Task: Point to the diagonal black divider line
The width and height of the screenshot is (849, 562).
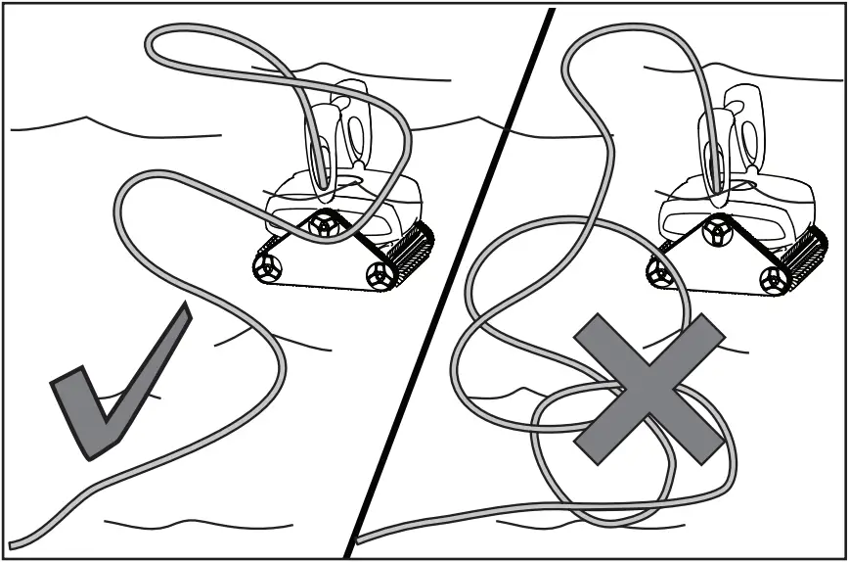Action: click(x=450, y=284)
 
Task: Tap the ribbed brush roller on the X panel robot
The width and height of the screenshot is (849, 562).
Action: click(x=803, y=252)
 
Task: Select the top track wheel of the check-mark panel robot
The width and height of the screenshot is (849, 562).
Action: click(x=322, y=226)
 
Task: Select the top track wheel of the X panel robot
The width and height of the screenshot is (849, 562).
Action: click(x=717, y=228)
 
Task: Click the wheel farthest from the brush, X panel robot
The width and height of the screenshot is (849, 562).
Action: click(x=658, y=267)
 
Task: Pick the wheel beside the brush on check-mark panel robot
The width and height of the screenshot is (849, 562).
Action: click(x=379, y=276)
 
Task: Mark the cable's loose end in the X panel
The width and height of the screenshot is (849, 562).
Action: click(x=361, y=539)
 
